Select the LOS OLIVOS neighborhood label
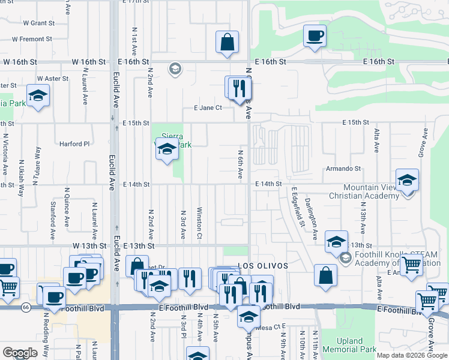pos(264,266)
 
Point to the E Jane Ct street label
pos(208,108)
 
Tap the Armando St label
pos(343,169)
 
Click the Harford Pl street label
pos(74,144)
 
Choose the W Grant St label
pos(38,23)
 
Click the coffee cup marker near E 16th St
pos(315,36)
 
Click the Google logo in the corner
pos(20,353)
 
